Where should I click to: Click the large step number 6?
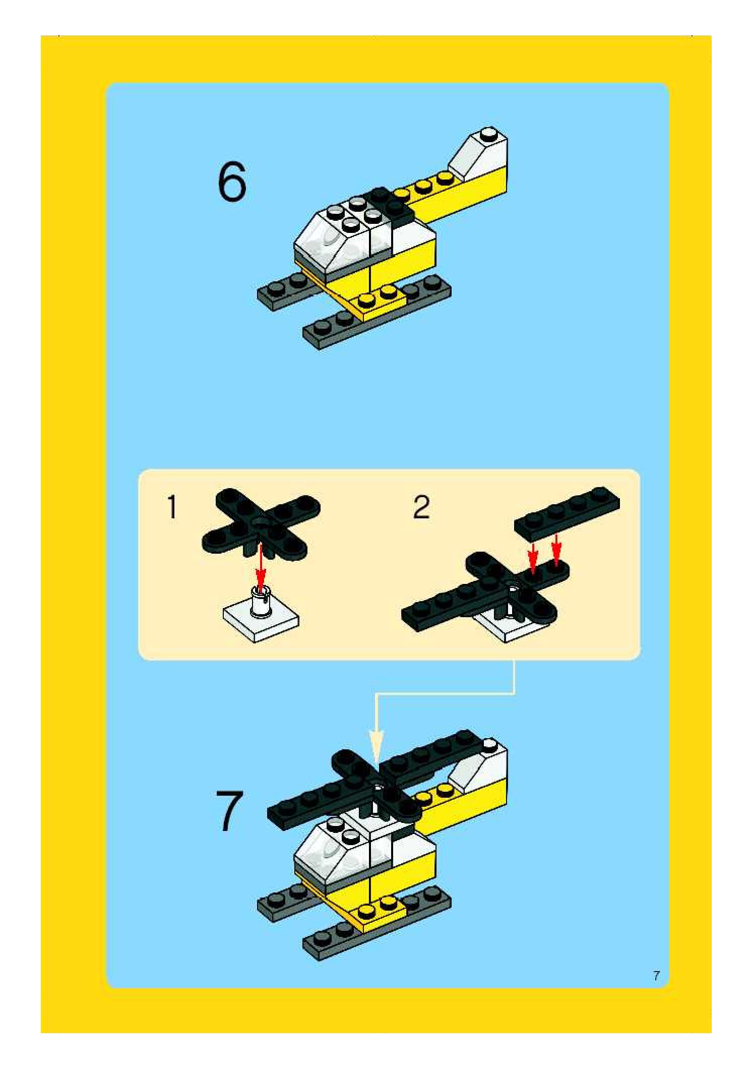[232, 182]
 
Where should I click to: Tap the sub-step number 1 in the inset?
[172, 507]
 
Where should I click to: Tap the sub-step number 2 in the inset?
[421, 507]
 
